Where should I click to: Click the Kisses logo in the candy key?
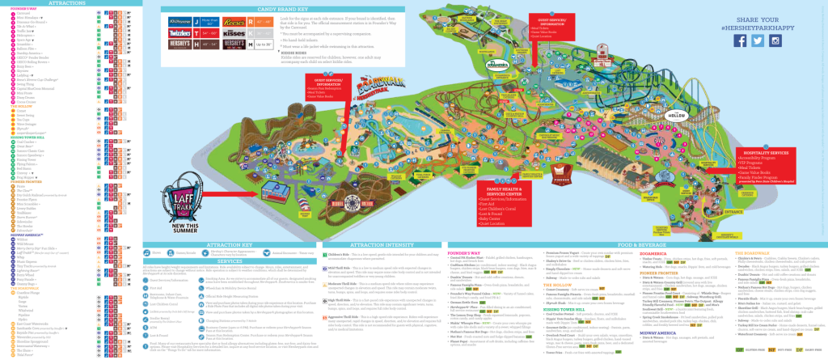185,49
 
